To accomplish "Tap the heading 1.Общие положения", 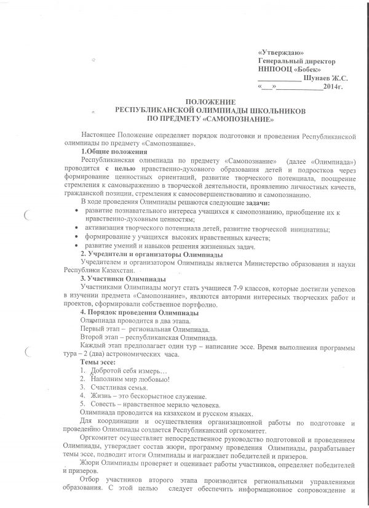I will pyautogui.click(x=113, y=151).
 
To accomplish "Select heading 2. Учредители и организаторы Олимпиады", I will pyautogui.click(x=152, y=255).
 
